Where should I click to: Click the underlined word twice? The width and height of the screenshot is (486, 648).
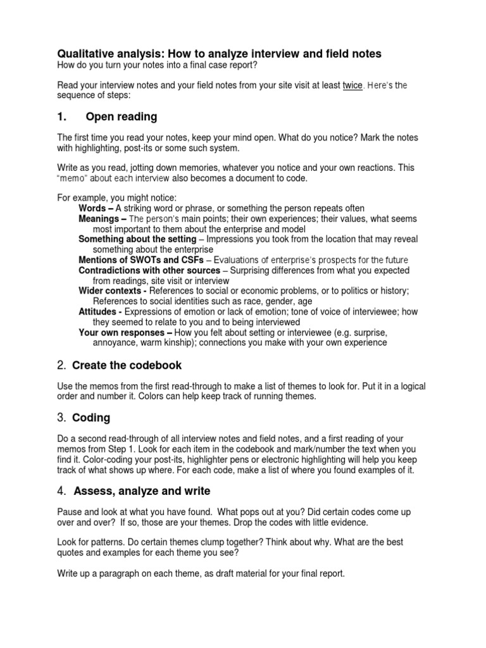click(x=352, y=86)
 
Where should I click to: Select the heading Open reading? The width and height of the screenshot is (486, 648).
click(x=121, y=117)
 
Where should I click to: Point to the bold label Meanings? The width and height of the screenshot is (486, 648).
click(x=101, y=219)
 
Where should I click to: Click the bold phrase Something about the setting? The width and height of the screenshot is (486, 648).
click(x=137, y=239)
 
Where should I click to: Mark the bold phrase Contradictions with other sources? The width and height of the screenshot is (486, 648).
click(x=150, y=270)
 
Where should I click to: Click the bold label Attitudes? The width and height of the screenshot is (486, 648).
click(x=99, y=311)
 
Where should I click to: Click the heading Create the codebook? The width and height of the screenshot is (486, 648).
click(x=127, y=365)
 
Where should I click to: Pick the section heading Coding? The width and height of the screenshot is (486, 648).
click(x=91, y=418)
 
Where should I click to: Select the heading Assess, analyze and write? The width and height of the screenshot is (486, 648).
click(x=142, y=491)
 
